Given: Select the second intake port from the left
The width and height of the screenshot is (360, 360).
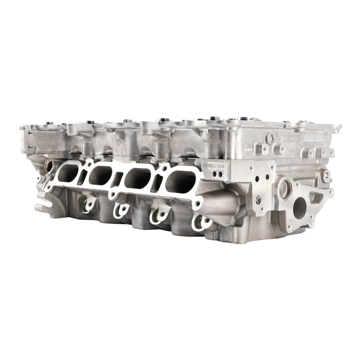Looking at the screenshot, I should [x=103, y=174].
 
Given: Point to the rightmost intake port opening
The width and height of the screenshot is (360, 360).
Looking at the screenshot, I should [x=180, y=181].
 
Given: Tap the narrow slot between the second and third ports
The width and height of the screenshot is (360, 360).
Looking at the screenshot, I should [x=119, y=179].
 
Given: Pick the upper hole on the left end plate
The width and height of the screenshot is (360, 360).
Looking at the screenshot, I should [x=27, y=135].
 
